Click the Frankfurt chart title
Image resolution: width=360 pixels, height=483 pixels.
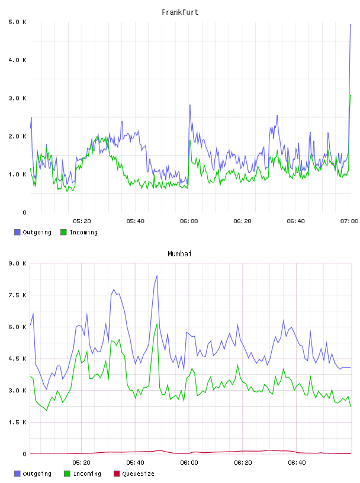180,12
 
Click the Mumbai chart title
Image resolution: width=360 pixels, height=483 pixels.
179,254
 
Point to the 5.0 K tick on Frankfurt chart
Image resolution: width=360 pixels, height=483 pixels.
17,22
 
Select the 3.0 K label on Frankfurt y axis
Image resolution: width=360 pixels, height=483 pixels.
17,98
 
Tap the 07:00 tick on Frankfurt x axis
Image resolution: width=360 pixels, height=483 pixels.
349,221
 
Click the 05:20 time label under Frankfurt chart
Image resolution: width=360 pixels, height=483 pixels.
82,221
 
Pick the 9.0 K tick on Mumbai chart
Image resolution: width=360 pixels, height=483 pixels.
17,263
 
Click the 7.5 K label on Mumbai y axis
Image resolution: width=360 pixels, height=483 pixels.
17,295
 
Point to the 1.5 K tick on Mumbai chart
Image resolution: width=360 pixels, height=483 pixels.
17,422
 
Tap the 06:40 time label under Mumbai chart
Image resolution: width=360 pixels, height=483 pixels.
297,463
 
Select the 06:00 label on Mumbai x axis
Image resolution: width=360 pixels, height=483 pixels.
189,463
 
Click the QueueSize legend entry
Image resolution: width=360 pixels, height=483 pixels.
138,474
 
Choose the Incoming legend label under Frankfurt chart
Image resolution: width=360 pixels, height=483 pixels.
83,232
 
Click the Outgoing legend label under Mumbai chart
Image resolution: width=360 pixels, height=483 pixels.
37,474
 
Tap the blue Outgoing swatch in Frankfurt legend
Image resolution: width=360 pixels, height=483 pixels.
17,232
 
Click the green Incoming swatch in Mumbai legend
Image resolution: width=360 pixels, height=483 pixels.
67,474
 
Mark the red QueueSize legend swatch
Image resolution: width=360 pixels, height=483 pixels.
117,474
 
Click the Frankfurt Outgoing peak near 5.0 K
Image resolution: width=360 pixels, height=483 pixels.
351,25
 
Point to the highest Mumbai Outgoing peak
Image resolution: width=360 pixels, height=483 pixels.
157,275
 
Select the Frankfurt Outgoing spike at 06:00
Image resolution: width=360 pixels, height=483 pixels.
190,105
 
